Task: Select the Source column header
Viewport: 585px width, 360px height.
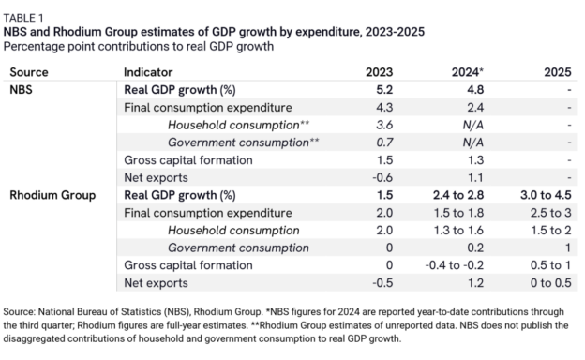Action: (x=31, y=72)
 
